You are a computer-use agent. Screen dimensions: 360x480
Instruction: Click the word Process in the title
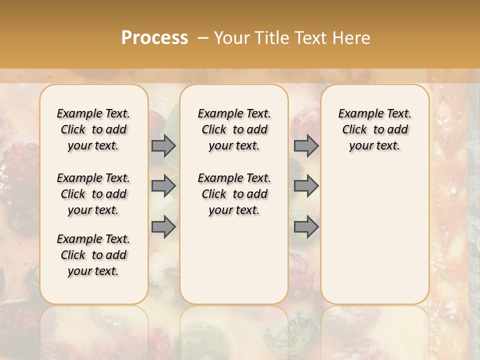point(154,37)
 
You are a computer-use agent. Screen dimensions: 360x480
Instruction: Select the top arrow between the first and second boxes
point(163,145)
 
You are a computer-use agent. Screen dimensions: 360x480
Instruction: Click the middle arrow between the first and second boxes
point(163,186)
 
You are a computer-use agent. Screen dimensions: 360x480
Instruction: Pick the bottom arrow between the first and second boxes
point(163,227)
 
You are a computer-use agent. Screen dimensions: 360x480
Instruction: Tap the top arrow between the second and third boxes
point(306,145)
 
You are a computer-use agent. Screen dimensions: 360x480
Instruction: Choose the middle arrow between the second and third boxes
point(306,186)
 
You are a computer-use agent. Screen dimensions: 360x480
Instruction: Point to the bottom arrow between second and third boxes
point(306,227)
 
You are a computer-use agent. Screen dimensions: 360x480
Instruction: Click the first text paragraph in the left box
point(93,129)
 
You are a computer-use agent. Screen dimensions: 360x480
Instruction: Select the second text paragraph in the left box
point(93,194)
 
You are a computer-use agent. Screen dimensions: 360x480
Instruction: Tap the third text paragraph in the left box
point(93,255)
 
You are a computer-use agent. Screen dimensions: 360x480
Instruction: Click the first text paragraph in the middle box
point(234,129)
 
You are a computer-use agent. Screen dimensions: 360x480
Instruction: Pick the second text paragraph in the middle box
point(234,194)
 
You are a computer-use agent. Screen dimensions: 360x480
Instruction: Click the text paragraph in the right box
point(374,129)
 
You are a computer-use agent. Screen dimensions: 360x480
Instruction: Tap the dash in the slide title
point(203,38)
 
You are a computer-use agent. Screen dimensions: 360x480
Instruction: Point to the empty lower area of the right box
point(374,235)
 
